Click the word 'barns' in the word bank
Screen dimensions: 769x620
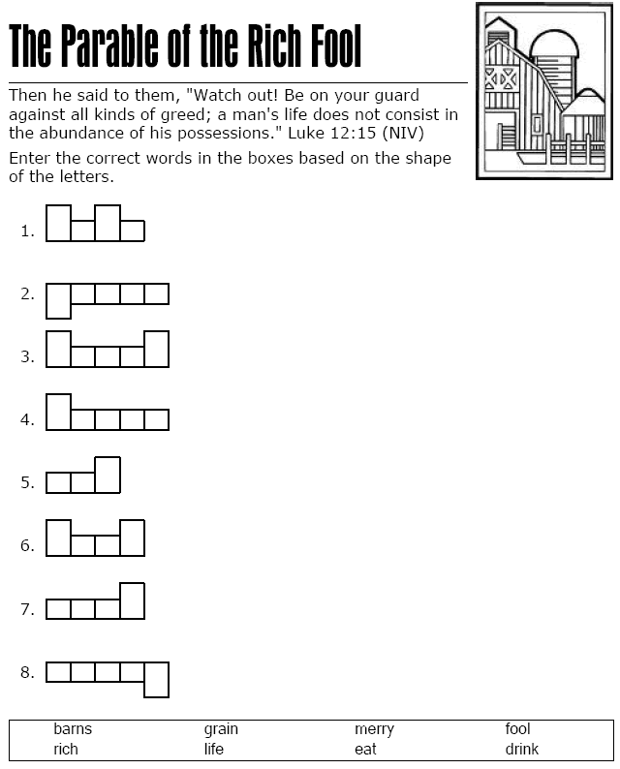pyautogui.click(x=73, y=729)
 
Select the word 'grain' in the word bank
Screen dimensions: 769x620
pyautogui.click(x=221, y=729)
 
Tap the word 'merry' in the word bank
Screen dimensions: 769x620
pyautogui.click(x=374, y=729)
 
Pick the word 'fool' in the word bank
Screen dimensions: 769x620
pyautogui.click(x=517, y=729)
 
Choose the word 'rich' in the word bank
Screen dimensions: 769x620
pyautogui.click(x=66, y=750)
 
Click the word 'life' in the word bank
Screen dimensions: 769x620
pyautogui.click(x=213, y=750)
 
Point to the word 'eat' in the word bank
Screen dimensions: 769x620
pyautogui.click(x=365, y=750)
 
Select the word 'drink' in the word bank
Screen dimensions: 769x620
pyautogui.click(x=521, y=750)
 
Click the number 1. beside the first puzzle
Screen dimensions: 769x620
pyautogui.click(x=27, y=231)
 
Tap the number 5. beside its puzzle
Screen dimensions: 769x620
pyautogui.click(x=27, y=483)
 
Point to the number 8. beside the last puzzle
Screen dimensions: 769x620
pyautogui.click(x=27, y=672)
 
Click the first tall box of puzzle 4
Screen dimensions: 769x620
pyautogui.click(x=58, y=412)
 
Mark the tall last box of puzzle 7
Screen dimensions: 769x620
pyautogui.click(x=132, y=600)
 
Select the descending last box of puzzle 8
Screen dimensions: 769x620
pyautogui.click(x=156, y=679)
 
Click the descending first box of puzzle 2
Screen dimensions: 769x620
pyautogui.click(x=58, y=300)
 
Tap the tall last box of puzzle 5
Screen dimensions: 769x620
pyautogui.click(x=108, y=476)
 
